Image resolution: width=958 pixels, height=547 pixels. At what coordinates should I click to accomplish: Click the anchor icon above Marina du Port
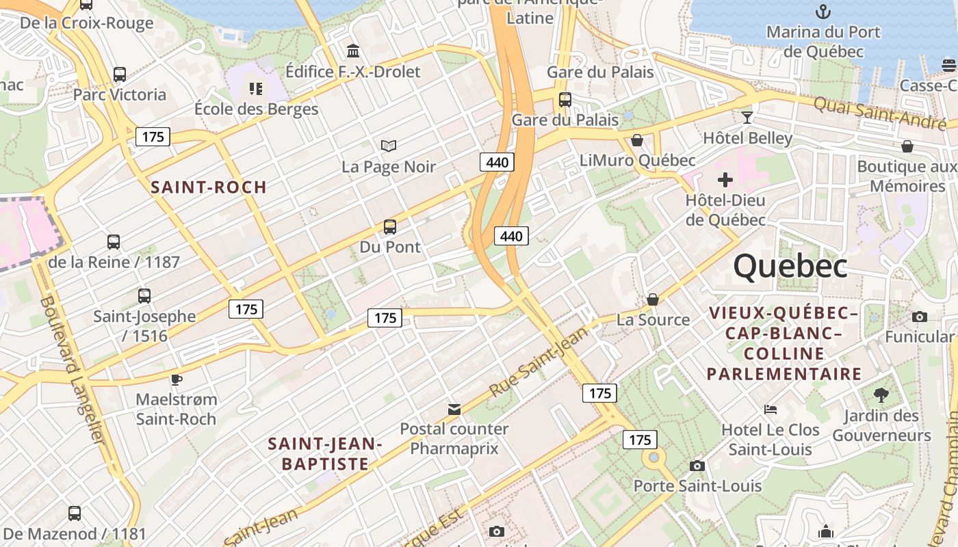(x=824, y=12)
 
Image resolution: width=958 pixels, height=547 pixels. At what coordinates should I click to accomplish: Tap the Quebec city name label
(x=790, y=266)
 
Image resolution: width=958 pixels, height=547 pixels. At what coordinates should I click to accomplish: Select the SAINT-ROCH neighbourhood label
(x=209, y=187)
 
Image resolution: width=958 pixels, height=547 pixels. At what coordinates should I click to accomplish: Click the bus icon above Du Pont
(x=389, y=226)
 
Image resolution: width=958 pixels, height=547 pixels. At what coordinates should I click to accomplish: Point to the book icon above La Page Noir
(x=389, y=146)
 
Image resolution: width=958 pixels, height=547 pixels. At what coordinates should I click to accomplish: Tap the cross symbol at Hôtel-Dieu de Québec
(x=725, y=181)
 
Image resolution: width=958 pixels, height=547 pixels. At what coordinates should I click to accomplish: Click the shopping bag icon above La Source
(x=653, y=299)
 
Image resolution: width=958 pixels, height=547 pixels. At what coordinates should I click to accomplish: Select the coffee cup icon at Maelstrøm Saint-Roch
(x=177, y=379)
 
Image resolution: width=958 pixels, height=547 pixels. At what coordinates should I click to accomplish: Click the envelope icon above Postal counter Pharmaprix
(x=454, y=409)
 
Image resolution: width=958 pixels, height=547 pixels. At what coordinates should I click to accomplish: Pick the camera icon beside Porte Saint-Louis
(x=697, y=466)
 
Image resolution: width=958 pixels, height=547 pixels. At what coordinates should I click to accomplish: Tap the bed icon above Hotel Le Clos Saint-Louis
(x=771, y=410)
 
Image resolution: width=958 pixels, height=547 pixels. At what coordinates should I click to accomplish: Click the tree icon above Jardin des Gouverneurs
(x=881, y=395)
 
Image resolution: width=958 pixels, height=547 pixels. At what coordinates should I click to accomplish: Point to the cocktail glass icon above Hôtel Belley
(x=747, y=118)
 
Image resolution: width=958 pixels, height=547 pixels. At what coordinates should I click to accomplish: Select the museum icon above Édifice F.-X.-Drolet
(x=353, y=51)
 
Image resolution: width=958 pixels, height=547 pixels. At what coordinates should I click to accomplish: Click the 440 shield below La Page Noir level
(x=497, y=162)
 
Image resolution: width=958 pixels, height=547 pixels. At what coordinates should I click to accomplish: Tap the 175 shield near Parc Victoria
(x=153, y=137)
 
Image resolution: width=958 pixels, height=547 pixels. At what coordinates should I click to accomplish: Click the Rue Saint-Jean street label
(x=540, y=362)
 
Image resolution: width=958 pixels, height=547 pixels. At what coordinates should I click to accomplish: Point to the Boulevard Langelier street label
(x=71, y=369)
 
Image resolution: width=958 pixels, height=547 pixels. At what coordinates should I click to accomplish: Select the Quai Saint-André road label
(x=880, y=112)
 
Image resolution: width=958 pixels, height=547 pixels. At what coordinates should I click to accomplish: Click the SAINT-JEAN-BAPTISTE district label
(x=325, y=454)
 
